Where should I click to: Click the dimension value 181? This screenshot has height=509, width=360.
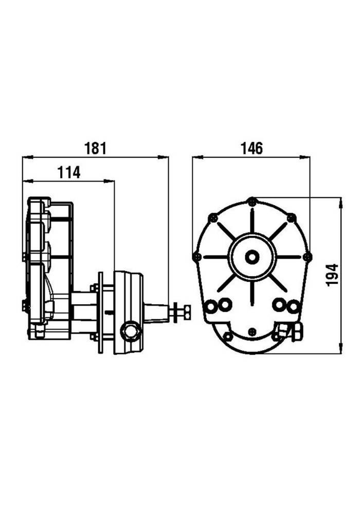(x=95, y=149)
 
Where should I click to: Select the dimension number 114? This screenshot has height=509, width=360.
(x=68, y=173)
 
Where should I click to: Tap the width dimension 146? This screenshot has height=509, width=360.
(x=251, y=149)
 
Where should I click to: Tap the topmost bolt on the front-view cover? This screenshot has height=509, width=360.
(x=251, y=201)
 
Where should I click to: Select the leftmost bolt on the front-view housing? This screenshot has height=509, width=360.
(x=196, y=256)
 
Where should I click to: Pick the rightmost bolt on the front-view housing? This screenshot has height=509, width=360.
(x=308, y=256)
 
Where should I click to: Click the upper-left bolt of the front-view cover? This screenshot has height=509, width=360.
(x=211, y=218)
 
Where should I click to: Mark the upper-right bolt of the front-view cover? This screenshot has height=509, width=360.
(x=292, y=218)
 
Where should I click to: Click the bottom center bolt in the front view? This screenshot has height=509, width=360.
(x=251, y=332)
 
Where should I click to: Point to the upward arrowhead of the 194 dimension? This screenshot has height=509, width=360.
(x=340, y=202)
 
